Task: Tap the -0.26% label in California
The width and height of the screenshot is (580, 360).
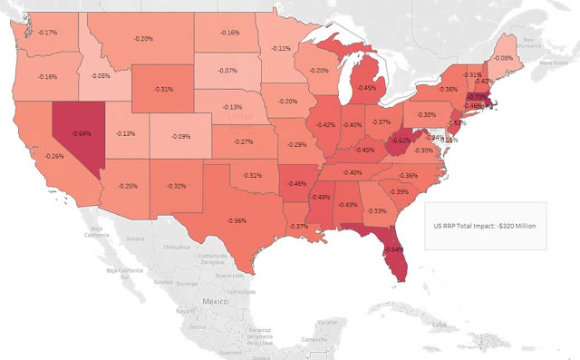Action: click(x=53, y=157)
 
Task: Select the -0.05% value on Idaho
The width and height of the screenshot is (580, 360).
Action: click(x=101, y=76)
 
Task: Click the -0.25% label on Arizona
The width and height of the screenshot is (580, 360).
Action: click(x=127, y=186)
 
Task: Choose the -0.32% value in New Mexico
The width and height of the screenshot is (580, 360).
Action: click(x=176, y=186)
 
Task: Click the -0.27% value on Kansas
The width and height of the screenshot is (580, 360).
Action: click(x=242, y=142)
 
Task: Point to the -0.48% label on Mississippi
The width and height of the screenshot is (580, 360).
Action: click(x=320, y=197)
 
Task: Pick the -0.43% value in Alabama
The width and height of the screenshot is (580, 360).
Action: click(x=347, y=204)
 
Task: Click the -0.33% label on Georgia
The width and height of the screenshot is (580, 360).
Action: click(x=376, y=210)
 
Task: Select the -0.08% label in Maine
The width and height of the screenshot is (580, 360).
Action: click(x=527, y=58)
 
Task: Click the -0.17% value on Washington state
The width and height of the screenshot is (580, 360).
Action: click(x=47, y=33)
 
